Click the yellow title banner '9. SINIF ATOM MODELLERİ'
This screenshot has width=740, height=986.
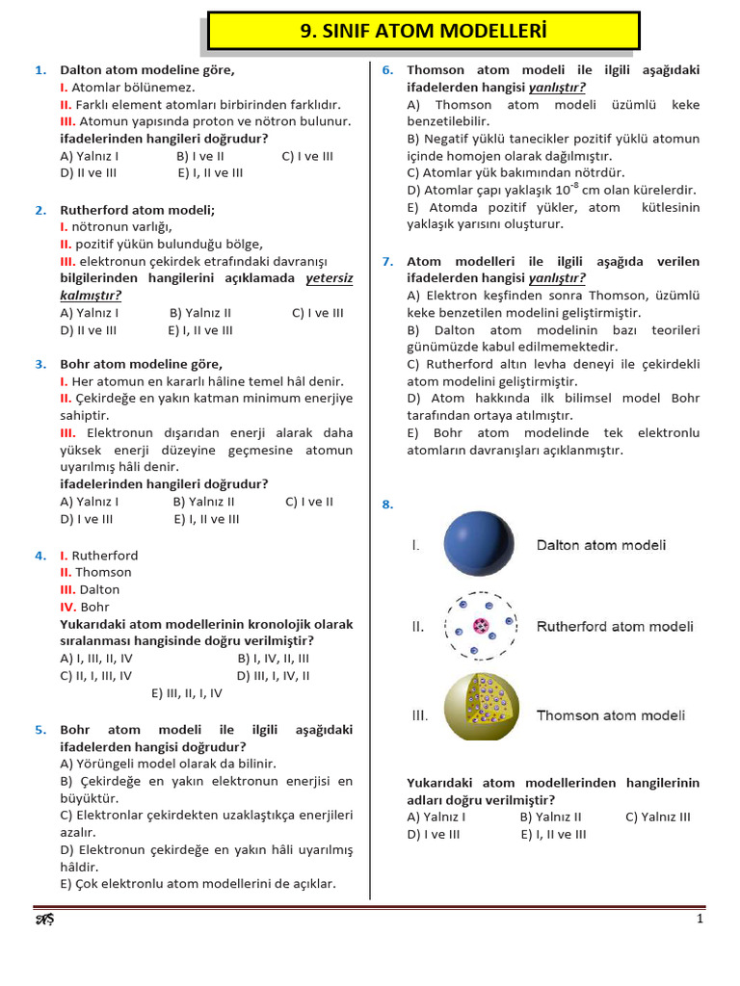[424, 31]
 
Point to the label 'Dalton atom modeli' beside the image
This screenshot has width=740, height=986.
[600, 546]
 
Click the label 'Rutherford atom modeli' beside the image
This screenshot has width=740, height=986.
[614, 627]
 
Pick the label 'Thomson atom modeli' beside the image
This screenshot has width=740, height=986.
[610, 715]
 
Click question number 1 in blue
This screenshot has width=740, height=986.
[40, 70]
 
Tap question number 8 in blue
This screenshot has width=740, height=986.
[386, 504]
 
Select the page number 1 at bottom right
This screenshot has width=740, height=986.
[700, 920]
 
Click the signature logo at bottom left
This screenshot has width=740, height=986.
[44, 920]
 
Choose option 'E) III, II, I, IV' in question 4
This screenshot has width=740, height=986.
[187, 692]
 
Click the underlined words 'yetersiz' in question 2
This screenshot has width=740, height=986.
[330, 278]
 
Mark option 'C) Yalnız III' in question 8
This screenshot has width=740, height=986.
[657, 817]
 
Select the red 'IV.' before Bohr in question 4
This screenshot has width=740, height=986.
[68, 608]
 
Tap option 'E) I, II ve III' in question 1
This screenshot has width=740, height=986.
[210, 173]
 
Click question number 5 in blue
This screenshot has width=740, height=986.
[40, 730]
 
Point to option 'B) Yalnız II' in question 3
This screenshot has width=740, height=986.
[203, 502]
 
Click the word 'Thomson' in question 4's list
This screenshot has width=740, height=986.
[103, 573]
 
